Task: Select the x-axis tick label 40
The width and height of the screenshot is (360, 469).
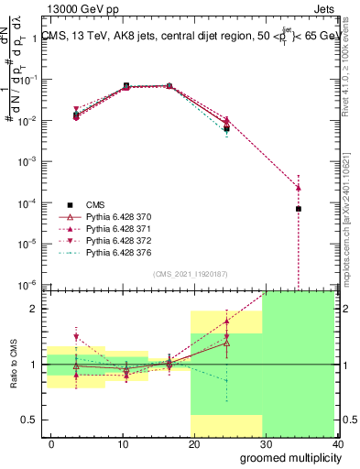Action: pos(337,444)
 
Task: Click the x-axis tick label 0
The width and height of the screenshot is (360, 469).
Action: pos(50,444)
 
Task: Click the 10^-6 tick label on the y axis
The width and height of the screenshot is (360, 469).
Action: pos(27,285)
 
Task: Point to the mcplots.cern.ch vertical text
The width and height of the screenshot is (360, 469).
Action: pos(351,220)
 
